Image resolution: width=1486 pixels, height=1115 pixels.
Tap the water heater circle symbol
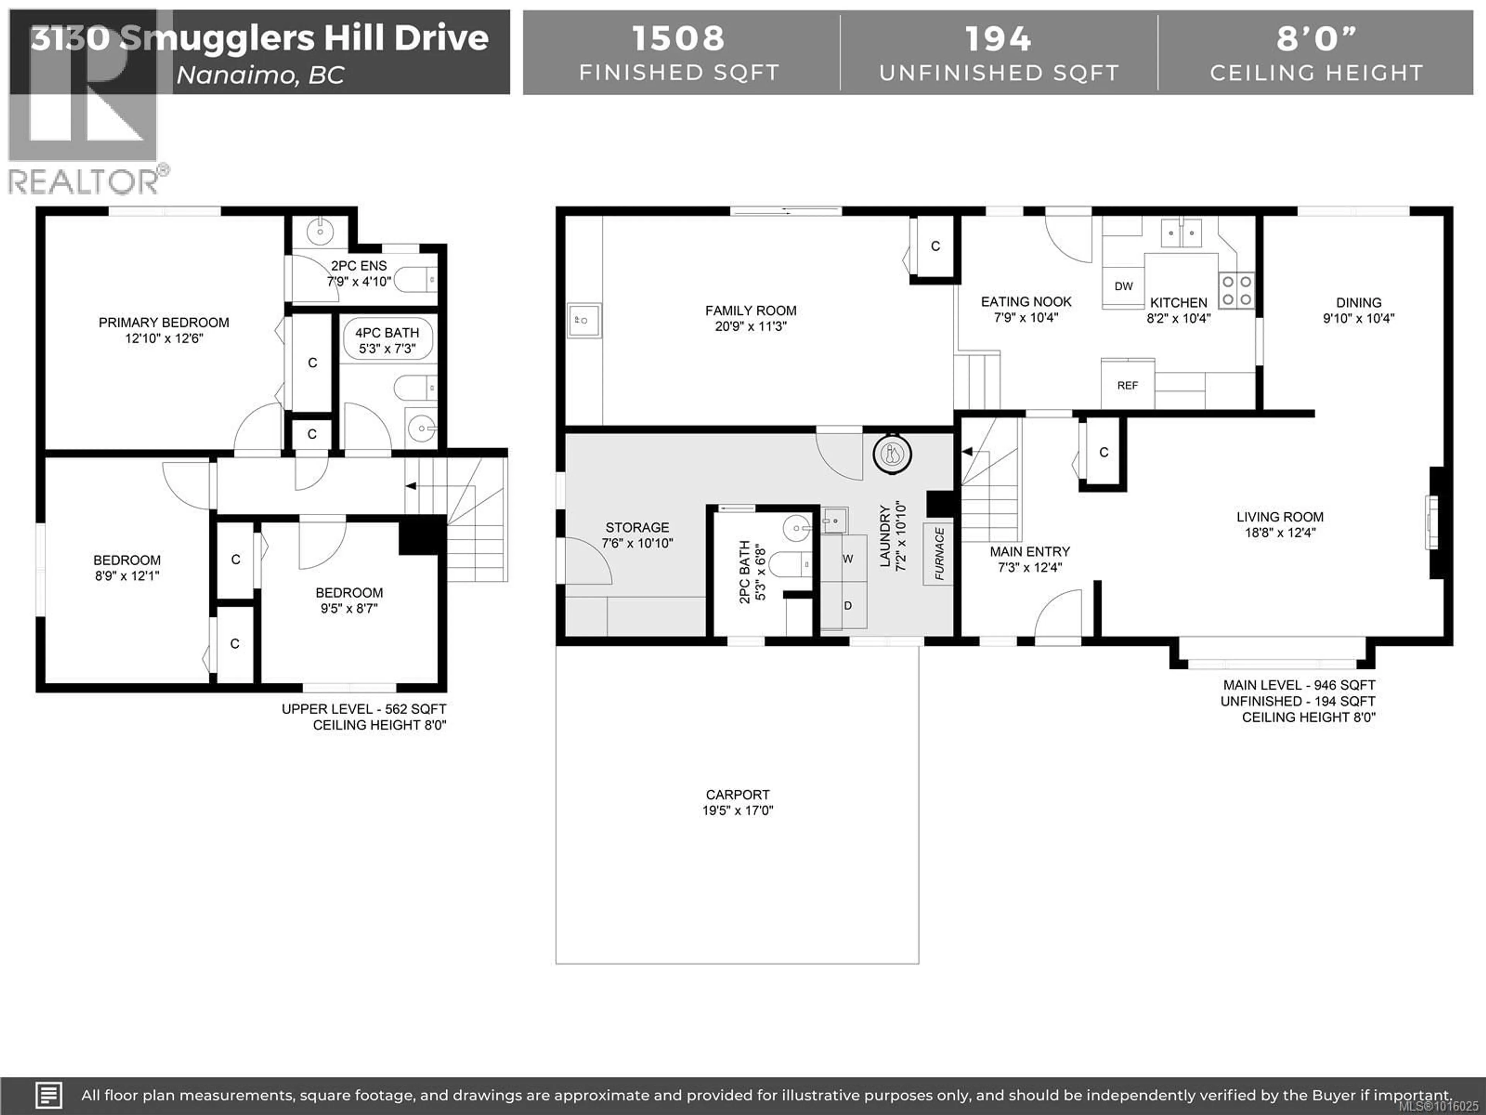tap(892, 455)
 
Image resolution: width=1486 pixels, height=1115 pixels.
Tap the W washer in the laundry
tap(848, 559)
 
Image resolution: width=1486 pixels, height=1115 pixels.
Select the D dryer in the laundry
tap(848, 606)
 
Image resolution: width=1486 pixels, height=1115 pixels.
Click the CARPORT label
tap(738, 794)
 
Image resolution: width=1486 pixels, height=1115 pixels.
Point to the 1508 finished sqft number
tap(678, 38)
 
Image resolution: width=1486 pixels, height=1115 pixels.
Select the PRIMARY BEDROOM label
tap(164, 322)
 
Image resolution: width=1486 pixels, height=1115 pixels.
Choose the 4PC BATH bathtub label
tap(387, 333)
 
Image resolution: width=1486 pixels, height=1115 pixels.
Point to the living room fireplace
tap(1432, 522)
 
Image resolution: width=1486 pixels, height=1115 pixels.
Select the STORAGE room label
tap(637, 528)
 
